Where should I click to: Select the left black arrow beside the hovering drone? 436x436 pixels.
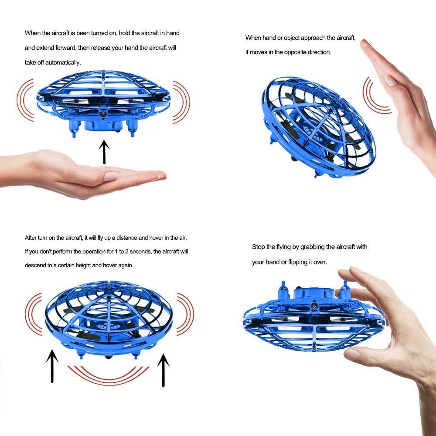[52, 366]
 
